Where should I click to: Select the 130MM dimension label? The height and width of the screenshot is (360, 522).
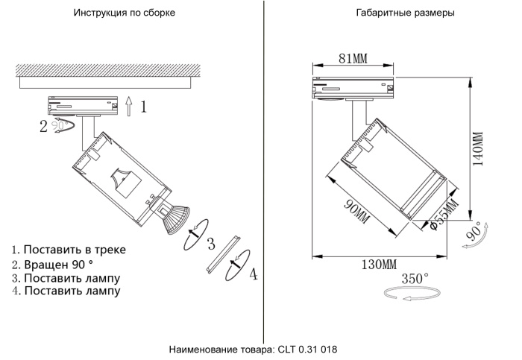click(380, 265)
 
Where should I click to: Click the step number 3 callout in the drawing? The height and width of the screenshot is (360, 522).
click(211, 243)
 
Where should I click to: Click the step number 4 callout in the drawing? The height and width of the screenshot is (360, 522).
click(253, 275)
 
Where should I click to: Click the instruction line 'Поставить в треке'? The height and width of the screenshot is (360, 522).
click(74, 250)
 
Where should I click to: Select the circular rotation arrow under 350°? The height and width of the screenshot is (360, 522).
click(407, 296)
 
